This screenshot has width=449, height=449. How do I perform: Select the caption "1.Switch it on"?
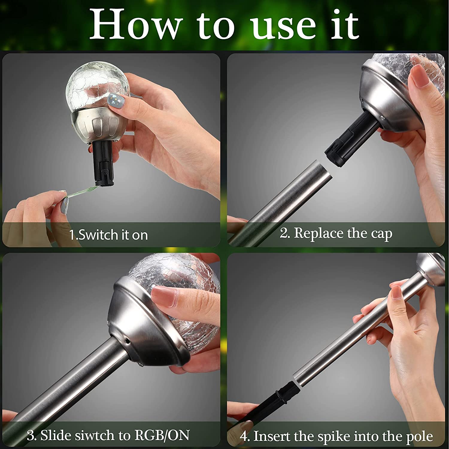tap(108, 235)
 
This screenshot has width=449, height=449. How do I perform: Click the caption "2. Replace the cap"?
tap(336, 233)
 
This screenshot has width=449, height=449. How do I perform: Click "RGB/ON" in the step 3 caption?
tap(162, 435)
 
